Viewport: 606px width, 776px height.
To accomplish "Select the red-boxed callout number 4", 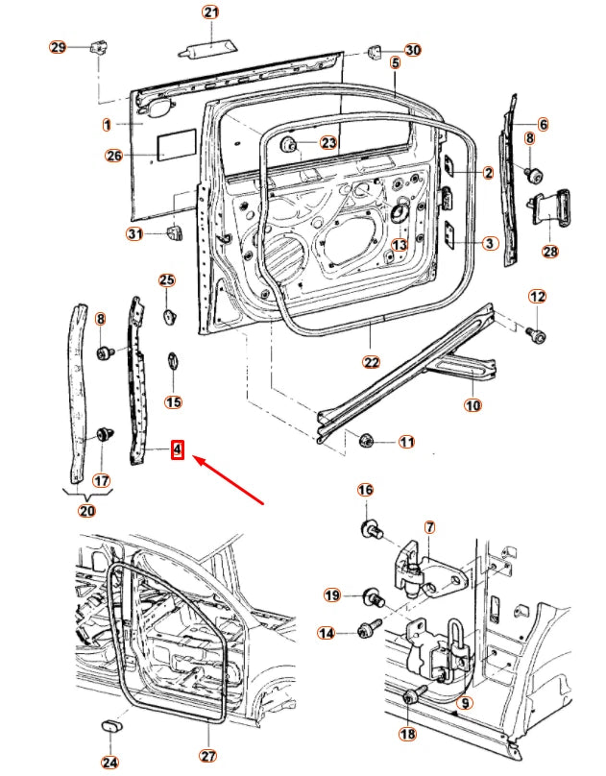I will [177, 449].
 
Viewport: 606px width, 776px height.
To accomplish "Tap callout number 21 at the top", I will [210, 12].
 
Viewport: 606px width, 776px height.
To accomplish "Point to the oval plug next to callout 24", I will [111, 722].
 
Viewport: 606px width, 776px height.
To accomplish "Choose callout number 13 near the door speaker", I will [399, 245].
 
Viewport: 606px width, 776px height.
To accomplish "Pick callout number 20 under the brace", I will [87, 510].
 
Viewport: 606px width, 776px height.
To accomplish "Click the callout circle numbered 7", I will [429, 527].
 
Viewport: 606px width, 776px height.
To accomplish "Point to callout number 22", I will [372, 362].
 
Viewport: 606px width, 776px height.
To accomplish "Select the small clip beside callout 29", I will [96, 47].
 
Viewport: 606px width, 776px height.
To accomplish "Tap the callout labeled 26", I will [114, 156].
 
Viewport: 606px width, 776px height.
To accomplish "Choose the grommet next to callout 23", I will [288, 145].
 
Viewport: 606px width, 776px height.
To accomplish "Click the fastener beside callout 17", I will [102, 441].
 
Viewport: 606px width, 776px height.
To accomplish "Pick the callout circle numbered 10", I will [473, 405].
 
